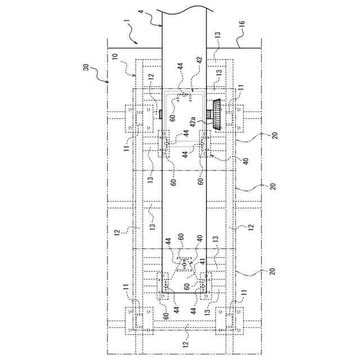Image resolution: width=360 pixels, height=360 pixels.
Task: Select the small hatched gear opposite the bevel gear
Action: point(160,114)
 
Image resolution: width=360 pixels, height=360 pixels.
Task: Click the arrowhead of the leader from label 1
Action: point(138,44)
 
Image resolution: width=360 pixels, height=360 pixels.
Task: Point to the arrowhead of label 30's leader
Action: point(109,82)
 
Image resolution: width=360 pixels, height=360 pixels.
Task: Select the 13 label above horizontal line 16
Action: point(218,35)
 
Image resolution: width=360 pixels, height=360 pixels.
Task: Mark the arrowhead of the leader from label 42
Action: point(192,90)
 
